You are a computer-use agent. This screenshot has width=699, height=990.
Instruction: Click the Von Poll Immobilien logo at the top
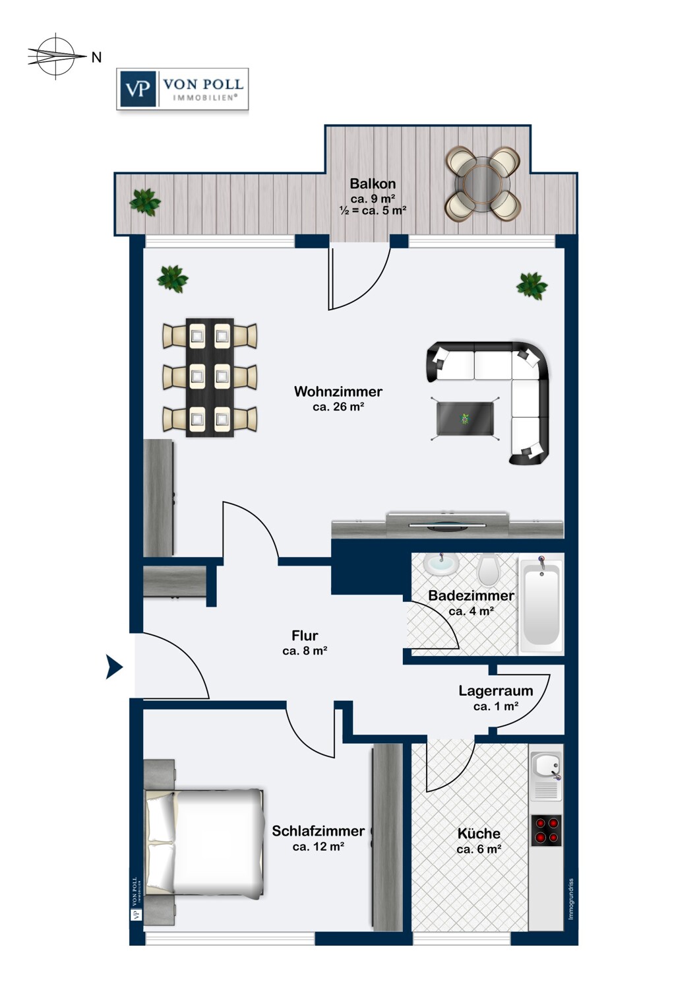(x=183, y=89)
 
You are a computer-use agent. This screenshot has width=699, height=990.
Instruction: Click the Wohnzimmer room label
(x=338, y=391)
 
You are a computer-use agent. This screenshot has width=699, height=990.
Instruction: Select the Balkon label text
(x=373, y=183)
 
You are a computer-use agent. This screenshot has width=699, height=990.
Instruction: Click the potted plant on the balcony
(x=145, y=202)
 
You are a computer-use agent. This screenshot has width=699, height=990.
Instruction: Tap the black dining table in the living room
(x=210, y=378)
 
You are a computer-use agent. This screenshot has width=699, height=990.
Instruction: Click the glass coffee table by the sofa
(x=465, y=418)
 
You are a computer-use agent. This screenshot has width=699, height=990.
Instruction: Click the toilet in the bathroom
(x=489, y=570)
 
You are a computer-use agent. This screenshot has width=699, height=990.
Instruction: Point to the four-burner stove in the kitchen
(x=546, y=830)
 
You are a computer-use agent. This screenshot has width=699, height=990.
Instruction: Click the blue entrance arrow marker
(x=114, y=667)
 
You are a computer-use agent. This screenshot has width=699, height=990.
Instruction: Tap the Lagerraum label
(x=495, y=690)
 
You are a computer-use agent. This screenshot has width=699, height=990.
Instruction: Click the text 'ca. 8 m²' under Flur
(x=305, y=651)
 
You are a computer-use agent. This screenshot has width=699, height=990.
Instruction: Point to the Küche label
(x=479, y=834)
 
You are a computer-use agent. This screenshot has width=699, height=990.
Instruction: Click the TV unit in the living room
(x=447, y=525)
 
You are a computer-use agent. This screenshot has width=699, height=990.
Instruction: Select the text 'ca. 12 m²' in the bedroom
(x=319, y=846)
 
